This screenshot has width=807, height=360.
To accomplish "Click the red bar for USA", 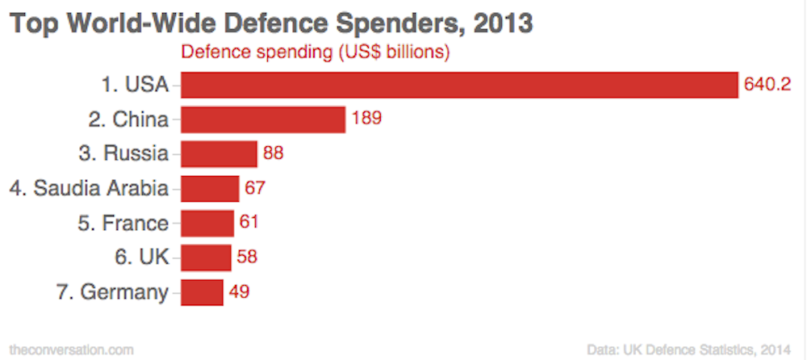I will pyautogui.click(x=459, y=85).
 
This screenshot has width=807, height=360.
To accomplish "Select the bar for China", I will pyautogui.click(x=263, y=119).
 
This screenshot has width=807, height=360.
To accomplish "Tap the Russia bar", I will pyautogui.click(x=219, y=153).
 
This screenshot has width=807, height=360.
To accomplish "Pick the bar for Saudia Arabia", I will pyautogui.click(x=210, y=188).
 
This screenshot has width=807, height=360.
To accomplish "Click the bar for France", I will pyautogui.click(x=207, y=223).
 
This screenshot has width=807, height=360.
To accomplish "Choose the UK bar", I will pyautogui.click(x=207, y=257).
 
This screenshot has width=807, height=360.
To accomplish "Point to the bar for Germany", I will pyautogui.click(x=202, y=292).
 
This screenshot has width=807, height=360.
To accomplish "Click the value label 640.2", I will pyautogui.click(x=767, y=85).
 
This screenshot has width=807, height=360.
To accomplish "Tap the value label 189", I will pyautogui.click(x=366, y=119).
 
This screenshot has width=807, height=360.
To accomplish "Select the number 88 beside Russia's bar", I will pyautogui.click(x=274, y=153).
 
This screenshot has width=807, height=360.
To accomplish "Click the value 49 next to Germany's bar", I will pyautogui.click(x=239, y=292).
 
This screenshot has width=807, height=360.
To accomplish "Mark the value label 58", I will pyautogui.click(x=248, y=257).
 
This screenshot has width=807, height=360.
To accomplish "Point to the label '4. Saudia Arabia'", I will pyautogui.click(x=89, y=188).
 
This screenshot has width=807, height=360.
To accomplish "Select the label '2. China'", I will pyautogui.click(x=128, y=119).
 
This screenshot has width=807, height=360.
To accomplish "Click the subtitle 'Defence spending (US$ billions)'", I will pyautogui.click(x=315, y=52).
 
